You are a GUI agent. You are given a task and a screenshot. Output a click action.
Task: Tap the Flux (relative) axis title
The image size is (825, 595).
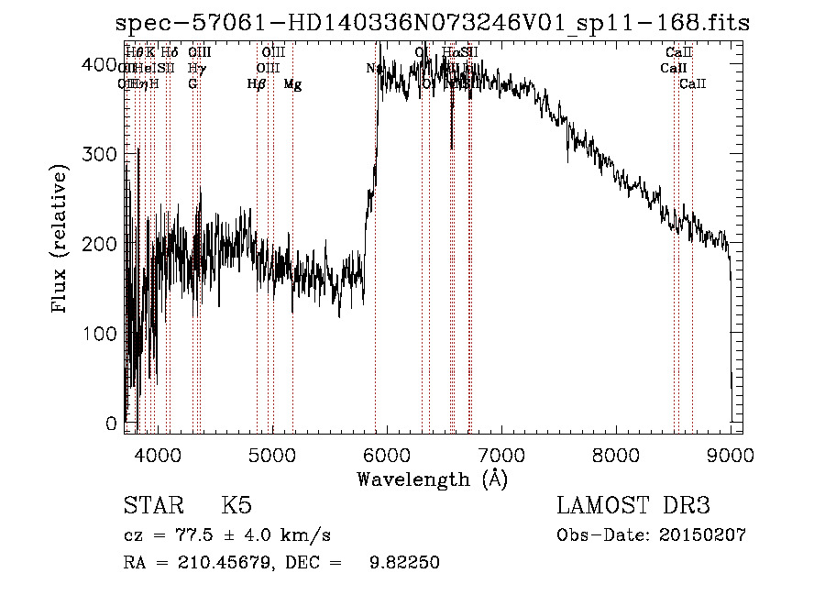tap(61, 240)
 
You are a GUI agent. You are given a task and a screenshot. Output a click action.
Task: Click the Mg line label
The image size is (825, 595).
tap(292, 84)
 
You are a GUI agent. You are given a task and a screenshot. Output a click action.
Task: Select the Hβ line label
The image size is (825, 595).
tap(257, 84)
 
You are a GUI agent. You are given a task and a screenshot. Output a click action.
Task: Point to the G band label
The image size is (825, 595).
tap(192, 84)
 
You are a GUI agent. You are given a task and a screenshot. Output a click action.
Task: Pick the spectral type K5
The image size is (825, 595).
tap(236, 506)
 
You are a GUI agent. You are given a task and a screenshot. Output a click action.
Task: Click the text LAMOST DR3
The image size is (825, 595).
tap(633, 506)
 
